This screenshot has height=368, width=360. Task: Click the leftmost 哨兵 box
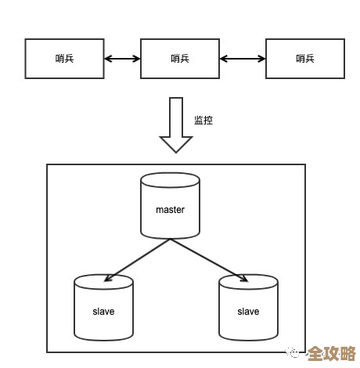65,58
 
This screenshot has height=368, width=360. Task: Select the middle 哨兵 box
180,58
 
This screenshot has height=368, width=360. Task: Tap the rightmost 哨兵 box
305,58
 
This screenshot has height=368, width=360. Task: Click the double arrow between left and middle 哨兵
122,58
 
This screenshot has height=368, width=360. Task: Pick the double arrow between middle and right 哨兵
243,58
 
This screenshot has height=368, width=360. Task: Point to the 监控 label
203,121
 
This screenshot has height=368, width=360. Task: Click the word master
170,210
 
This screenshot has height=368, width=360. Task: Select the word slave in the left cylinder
103,312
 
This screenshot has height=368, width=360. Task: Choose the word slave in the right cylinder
248,312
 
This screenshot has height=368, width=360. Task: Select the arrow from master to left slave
138,259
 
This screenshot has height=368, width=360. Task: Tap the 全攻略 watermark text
330,353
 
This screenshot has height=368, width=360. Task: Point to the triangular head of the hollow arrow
176,144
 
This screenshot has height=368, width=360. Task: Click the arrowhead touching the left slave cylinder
109,277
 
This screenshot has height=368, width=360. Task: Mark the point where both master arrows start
170,239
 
